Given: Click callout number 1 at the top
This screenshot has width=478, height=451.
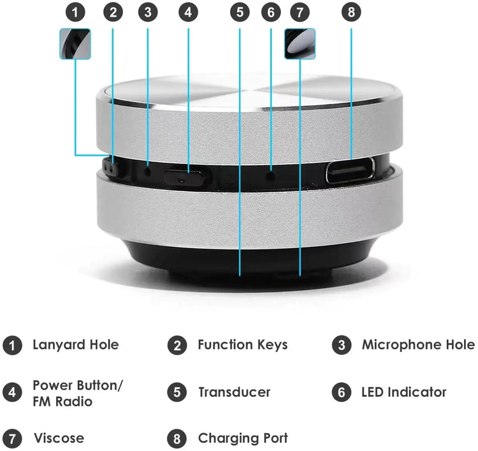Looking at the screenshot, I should [76, 11].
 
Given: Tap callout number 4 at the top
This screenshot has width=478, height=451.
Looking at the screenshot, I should [188, 11].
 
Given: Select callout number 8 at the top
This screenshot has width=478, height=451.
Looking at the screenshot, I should [351, 11].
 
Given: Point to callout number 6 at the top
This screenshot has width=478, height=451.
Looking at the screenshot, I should [271, 11].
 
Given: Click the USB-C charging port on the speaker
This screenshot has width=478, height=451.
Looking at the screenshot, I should [351, 172].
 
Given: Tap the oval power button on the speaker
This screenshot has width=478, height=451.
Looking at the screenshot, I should [186, 177].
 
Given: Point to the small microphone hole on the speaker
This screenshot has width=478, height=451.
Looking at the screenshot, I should [148, 170].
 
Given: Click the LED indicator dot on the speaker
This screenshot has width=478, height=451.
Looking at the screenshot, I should [271, 173].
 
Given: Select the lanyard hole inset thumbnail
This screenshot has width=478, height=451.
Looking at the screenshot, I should [76, 44].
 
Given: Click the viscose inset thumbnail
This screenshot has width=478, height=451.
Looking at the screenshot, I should [300, 44].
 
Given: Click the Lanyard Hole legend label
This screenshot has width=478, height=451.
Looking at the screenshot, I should [75, 345].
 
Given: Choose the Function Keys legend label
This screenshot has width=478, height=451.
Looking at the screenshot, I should [242, 345].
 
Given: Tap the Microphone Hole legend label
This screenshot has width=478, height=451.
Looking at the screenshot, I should [417, 345].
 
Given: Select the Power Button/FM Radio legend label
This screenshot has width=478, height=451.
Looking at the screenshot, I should [78, 394].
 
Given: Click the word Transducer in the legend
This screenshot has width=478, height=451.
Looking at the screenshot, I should [234, 392].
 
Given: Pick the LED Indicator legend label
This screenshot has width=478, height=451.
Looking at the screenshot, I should [403, 392].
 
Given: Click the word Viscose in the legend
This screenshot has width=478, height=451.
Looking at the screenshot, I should [58, 439].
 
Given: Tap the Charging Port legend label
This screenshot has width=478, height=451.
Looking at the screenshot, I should [242, 439].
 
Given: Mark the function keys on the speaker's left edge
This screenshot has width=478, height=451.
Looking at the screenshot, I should [112, 168].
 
